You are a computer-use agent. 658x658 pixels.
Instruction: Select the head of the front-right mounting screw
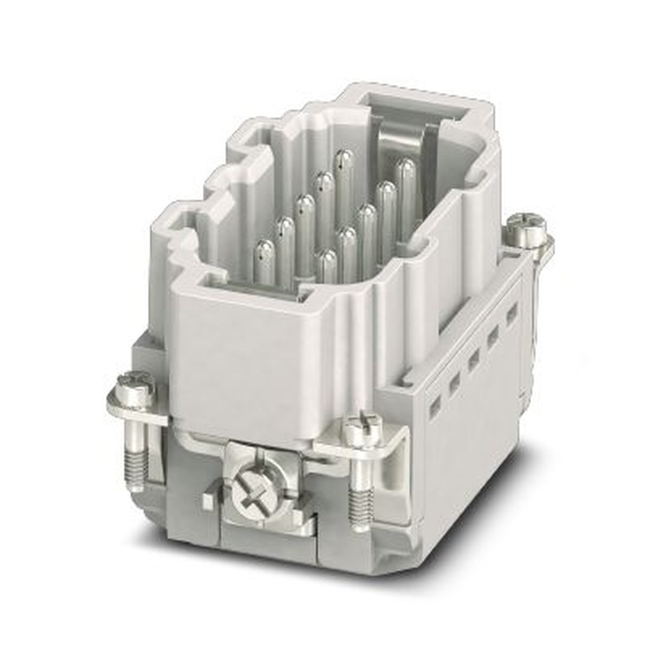coord(361,430)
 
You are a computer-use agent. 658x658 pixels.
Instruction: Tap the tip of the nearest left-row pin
coord(264,251)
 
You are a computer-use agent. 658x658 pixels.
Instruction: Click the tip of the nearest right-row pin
coord(326,259)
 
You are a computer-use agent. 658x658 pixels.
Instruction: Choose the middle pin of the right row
coord(367,214)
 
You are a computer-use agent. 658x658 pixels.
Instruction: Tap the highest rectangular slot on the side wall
coord(511,314)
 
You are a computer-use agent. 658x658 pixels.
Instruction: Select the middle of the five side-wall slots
coord(473,361)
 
